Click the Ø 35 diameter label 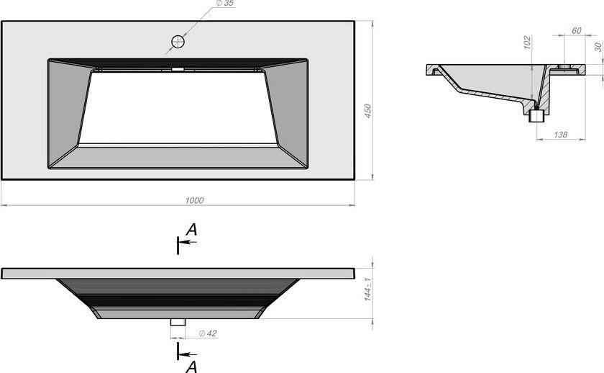(224, 3)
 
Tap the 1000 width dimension (195, 200)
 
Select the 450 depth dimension (368, 111)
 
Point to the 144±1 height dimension (367, 289)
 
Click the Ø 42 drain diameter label (208, 333)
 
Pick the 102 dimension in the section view (527, 42)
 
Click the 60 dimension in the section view (576, 30)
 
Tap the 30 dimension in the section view (598, 47)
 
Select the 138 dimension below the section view (560, 135)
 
